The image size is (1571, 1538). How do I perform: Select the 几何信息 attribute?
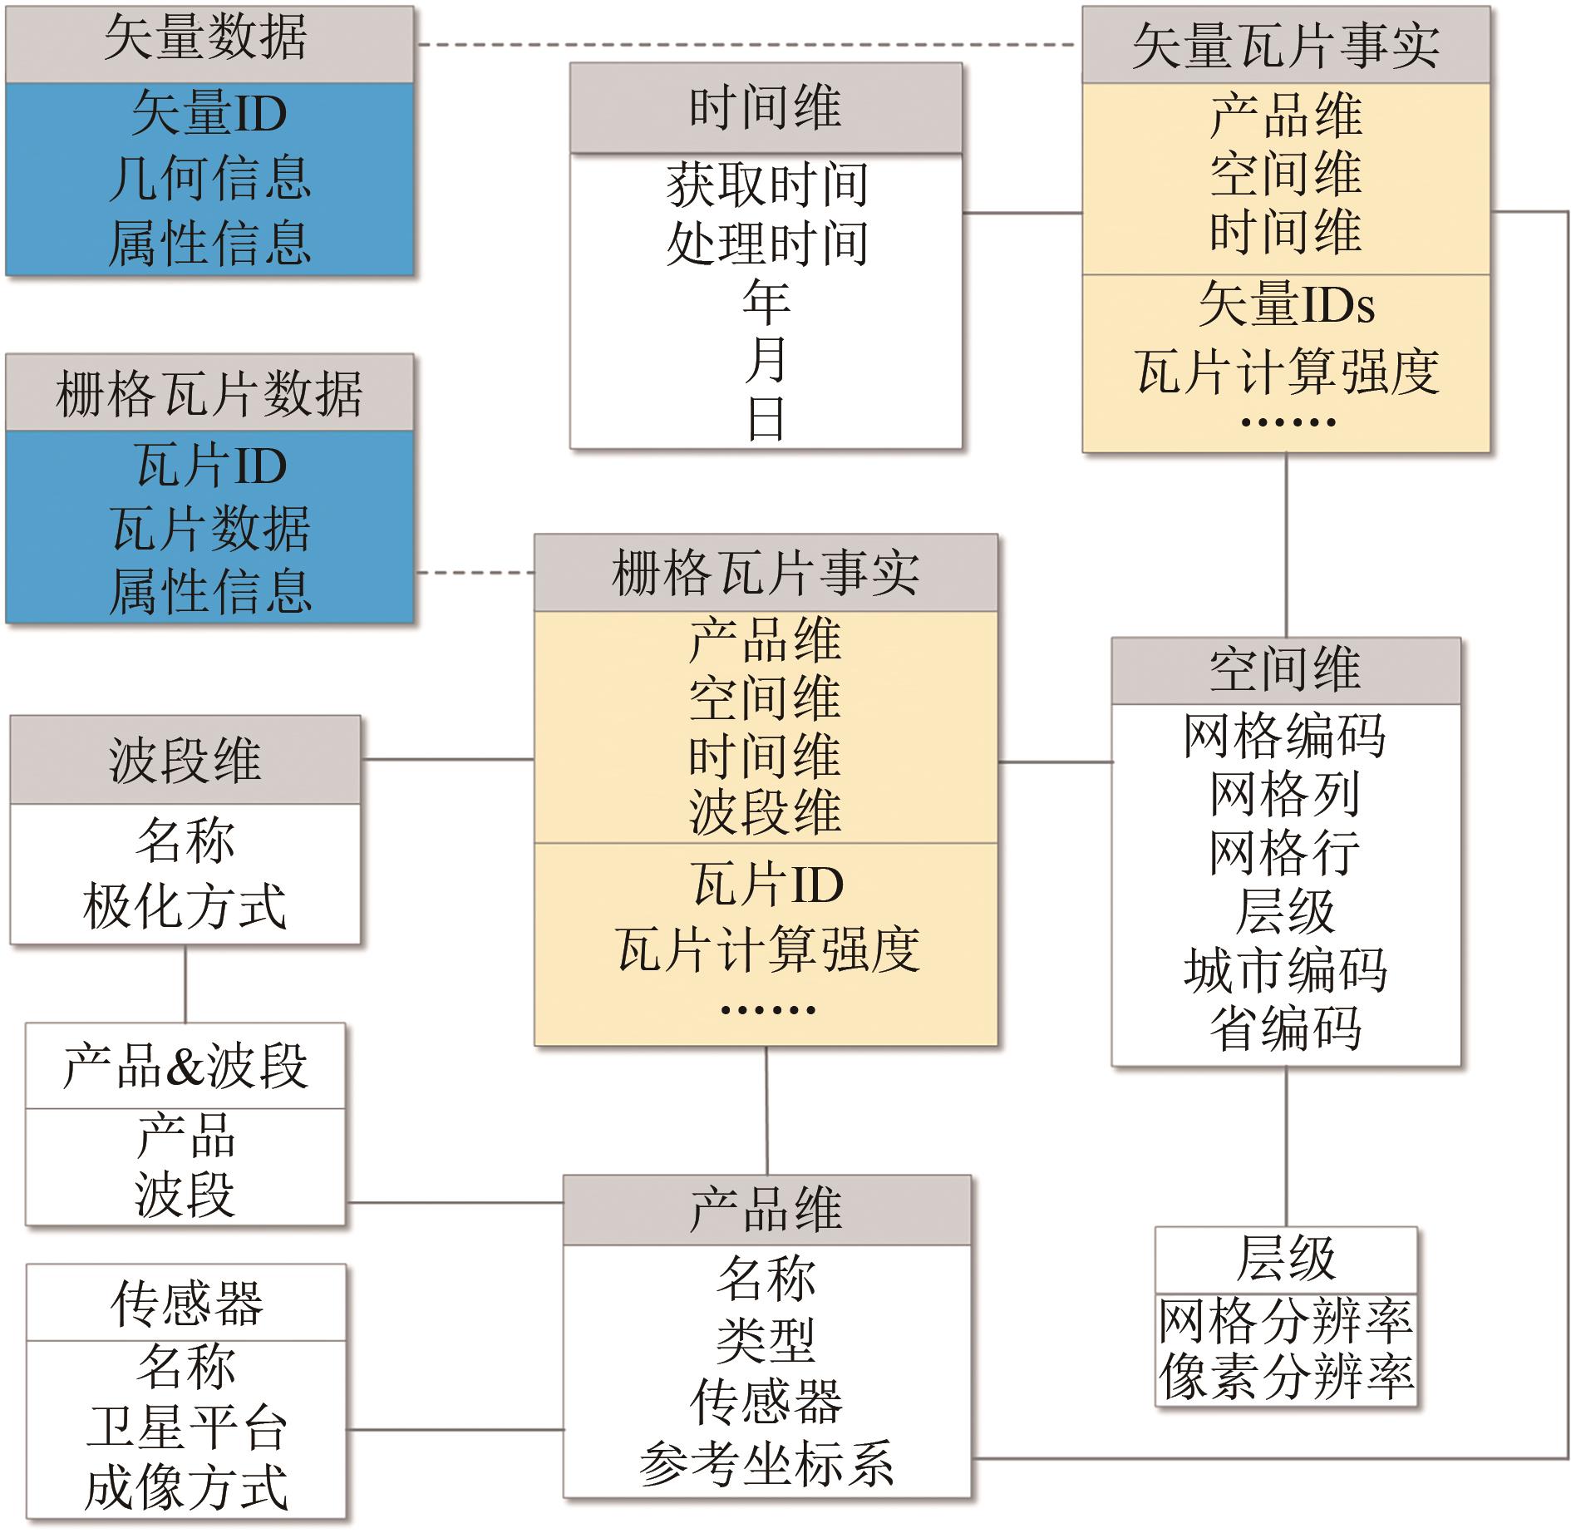click(x=209, y=178)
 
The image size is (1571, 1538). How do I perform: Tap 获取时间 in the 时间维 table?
click(x=766, y=185)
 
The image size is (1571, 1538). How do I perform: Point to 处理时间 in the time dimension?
click(x=766, y=244)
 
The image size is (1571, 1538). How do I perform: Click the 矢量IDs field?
click(x=1285, y=305)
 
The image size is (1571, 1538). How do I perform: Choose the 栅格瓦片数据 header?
click(x=209, y=392)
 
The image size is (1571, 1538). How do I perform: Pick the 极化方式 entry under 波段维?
click(x=185, y=906)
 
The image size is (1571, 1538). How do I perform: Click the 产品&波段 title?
click(x=185, y=1066)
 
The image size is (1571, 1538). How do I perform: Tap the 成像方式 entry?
click(x=186, y=1486)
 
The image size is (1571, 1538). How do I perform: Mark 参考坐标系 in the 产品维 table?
click(x=766, y=1463)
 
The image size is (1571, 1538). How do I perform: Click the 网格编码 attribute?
click(x=1285, y=736)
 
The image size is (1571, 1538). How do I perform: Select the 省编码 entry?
click(x=1285, y=1028)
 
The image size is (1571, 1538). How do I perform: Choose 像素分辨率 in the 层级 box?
click(x=1285, y=1377)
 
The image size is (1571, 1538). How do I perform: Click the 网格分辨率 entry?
click(x=1285, y=1319)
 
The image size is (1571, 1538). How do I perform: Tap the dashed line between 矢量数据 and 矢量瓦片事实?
click(x=748, y=44)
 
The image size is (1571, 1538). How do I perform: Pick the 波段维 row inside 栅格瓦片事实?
click(x=766, y=812)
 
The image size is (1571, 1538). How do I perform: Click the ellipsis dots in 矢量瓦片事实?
click(x=1287, y=422)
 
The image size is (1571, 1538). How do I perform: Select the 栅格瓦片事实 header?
click(x=766, y=573)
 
